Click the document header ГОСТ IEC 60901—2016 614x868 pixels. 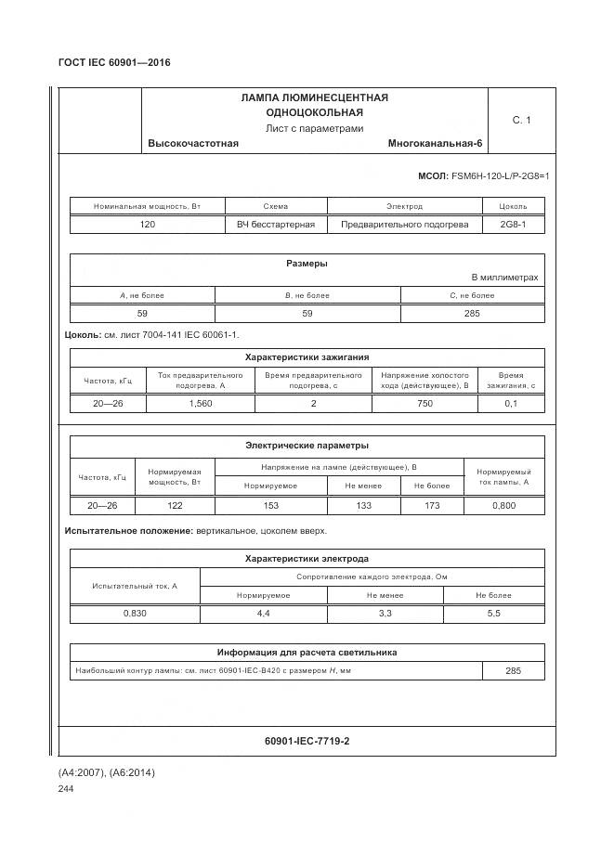114,63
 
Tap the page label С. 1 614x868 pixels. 521,120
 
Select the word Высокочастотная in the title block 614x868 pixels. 193,143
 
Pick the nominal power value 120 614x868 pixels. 148,225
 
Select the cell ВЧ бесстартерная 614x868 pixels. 276,225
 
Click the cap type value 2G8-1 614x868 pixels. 513,225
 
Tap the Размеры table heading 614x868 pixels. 307,264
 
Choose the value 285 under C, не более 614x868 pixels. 472,314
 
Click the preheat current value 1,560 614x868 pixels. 200,404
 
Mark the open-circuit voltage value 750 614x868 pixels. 425,404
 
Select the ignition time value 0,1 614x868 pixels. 511,404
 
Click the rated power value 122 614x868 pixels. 175,506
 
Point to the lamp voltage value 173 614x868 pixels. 431,506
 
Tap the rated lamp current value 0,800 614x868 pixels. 503,506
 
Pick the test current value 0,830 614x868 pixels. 135,615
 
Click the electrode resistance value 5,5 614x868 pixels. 493,615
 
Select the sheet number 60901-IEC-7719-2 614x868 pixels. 307,741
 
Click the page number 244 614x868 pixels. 66,789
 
